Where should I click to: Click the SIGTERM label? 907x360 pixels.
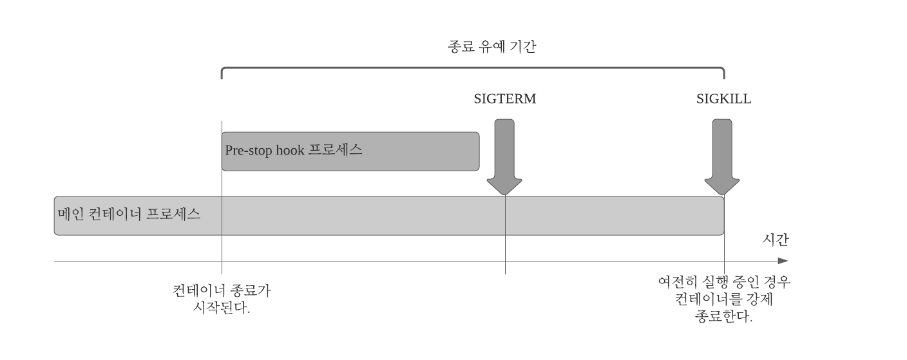click(x=504, y=99)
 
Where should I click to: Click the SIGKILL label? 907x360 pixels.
click(x=723, y=99)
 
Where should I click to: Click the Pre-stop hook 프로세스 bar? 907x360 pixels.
click(x=350, y=151)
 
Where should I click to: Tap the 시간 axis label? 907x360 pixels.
click(x=775, y=240)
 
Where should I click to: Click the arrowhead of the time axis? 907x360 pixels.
click(x=783, y=261)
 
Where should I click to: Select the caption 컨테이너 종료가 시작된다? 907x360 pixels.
click(x=222, y=299)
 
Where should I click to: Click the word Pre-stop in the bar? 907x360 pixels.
click(x=245, y=150)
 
